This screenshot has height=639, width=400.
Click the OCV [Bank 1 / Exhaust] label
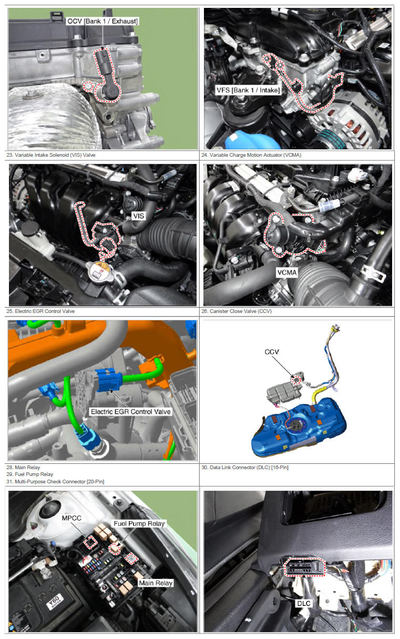(x=102, y=21)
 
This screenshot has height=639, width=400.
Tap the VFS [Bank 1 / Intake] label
(x=248, y=90)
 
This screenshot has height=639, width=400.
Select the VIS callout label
(x=139, y=216)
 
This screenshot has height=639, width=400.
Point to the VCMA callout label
(x=287, y=272)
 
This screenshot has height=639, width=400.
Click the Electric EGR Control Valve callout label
(x=130, y=412)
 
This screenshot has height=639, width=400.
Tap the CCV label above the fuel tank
(x=272, y=352)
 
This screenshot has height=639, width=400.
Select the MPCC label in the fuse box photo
(x=71, y=518)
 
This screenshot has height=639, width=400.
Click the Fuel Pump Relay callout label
(x=139, y=523)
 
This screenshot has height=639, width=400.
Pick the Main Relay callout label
(x=156, y=583)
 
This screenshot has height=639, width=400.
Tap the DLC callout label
(x=304, y=603)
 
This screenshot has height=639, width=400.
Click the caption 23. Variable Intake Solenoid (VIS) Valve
(x=51, y=155)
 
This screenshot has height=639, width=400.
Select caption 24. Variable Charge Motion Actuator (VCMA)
(x=251, y=155)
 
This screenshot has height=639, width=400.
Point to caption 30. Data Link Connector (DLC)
(x=245, y=467)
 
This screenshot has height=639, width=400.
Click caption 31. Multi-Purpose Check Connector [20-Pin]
(x=55, y=482)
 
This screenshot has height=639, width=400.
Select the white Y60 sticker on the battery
(x=54, y=602)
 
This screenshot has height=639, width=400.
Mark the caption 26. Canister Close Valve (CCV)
(x=237, y=311)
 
